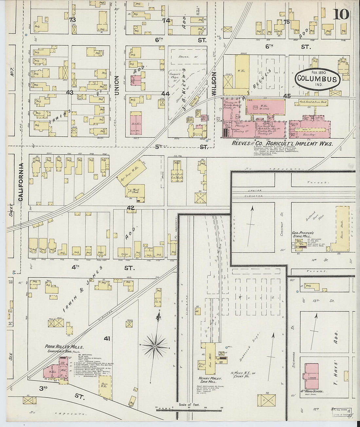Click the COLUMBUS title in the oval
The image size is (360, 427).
point(317,79)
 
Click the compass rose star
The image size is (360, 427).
point(155,346)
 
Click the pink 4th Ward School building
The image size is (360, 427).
point(311,376)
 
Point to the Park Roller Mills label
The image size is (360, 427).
point(64,347)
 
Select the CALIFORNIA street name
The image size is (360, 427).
point(21,182)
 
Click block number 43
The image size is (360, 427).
point(69,92)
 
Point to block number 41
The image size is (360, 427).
point(107,339)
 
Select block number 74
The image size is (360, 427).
point(166,20)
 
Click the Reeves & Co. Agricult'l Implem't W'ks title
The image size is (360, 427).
point(282,143)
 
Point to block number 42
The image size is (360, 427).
point(131,208)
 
